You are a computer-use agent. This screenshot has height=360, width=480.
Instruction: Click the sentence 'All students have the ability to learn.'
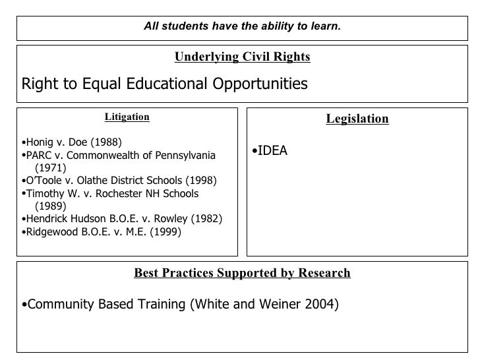(x=242, y=26)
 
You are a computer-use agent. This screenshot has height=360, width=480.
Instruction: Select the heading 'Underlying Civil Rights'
(x=242, y=57)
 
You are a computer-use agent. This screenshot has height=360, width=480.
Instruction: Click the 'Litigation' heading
(x=127, y=117)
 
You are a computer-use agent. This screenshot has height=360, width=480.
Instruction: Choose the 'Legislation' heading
(x=357, y=119)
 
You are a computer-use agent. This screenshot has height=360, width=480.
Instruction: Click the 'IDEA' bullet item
(x=272, y=151)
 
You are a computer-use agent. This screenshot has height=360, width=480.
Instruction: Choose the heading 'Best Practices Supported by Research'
(x=242, y=273)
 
